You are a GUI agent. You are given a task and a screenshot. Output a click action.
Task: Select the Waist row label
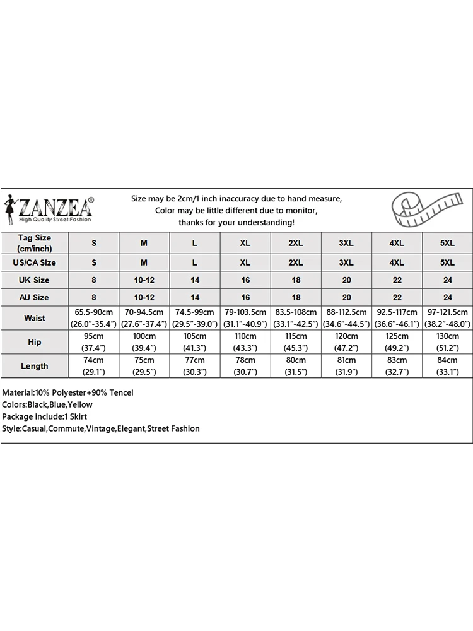pyautogui.click(x=35, y=318)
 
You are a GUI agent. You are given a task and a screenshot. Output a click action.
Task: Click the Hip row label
pyautogui.click(x=35, y=342)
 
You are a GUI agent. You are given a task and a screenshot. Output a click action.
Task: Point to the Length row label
pyautogui.click(x=35, y=366)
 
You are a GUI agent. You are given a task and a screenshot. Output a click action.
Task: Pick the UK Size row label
pyautogui.click(x=35, y=280)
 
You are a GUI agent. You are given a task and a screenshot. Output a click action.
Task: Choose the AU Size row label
pyautogui.click(x=35, y=297)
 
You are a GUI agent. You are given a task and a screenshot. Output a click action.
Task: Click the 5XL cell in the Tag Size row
pyautogui.click(x=447, y=243)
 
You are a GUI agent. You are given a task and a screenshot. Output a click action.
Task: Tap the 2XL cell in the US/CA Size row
pyautogui.click(x=296, y=262)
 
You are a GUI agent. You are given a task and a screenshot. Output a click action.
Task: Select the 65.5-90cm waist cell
pyautogui.click(x=94, y=318)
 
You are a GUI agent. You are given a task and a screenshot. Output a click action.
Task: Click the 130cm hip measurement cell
pyautogui.click(x=447, y=342)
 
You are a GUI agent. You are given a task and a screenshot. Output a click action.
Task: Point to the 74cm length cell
pyautogui.click(x=94, y=366)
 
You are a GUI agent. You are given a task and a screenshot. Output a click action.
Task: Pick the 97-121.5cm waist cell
pyautogui.click(x=447, y=318)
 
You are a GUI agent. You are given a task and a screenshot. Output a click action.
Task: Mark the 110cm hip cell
pyautogui.click(x=245, y=342)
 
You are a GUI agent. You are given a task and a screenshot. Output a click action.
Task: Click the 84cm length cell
pyautogui.click(x=447, y=366)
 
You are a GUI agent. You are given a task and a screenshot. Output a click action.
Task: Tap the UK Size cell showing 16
pyautogui.click(x=245, y=280)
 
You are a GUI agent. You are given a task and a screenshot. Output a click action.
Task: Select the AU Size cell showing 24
pyautogui.click(x=447, y=297)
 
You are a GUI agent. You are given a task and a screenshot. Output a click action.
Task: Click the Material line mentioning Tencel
pyautogui.click(x=68, y=392)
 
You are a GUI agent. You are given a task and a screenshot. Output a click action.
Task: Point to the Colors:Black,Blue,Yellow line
pyautogui.click(x=47, y=404)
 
